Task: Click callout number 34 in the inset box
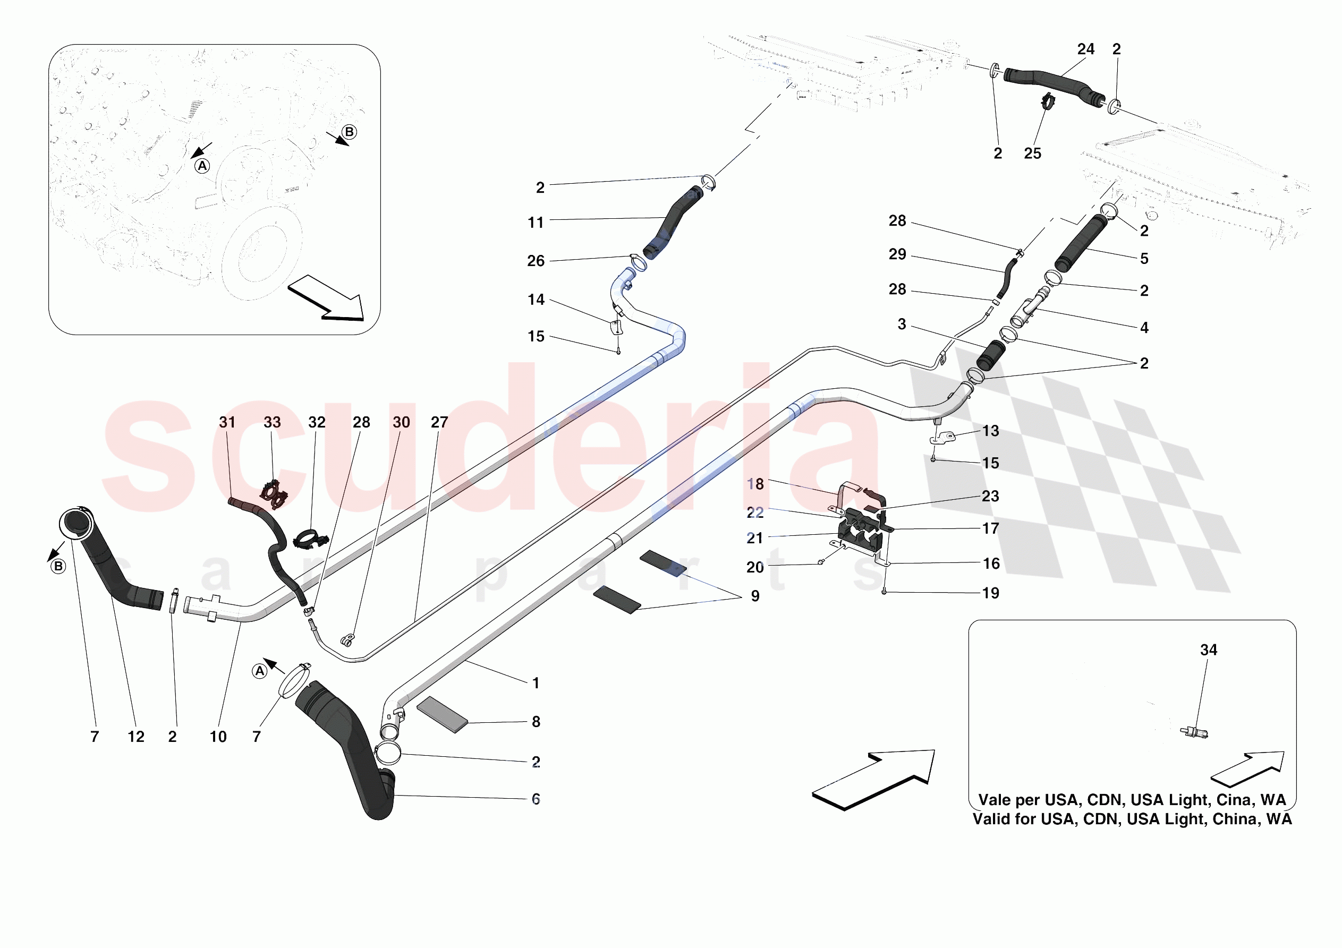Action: pyautogui.click(x=1208, y=650)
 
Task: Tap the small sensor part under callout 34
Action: pyautogui.click(x=1194, y=732)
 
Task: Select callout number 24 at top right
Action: pyautogui.click(x=1085, y=49)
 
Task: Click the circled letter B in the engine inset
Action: pyautogui.click(x=350, y=132)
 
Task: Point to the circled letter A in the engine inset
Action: pyautogui.click(x=202, y=166)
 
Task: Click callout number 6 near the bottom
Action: pyautogui.click(x=536, y=799)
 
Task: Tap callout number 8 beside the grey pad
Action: pyautogui.click(x=536, y=722)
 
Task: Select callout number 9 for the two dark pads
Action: pyautogui.click(x=754, y=596)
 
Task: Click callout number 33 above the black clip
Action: pyautogui.click(x=272, y=422)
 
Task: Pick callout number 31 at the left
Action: pyautogui.click(x=227, y=422)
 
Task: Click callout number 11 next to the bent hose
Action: pyautogui.click(x=536, y=223)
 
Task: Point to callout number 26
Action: pyautogui.click(x=536, y=261)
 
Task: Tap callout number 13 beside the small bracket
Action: pyautogui.click(x=990, y=431)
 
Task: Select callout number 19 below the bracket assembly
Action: pyautogui.click(x=990, y=593)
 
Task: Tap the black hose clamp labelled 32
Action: pyautogui.click(x=310, y=539)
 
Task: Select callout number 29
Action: pyautogui.click(x=897, y=254)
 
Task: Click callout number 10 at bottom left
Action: pyautogui.click(x=218, y=737)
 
